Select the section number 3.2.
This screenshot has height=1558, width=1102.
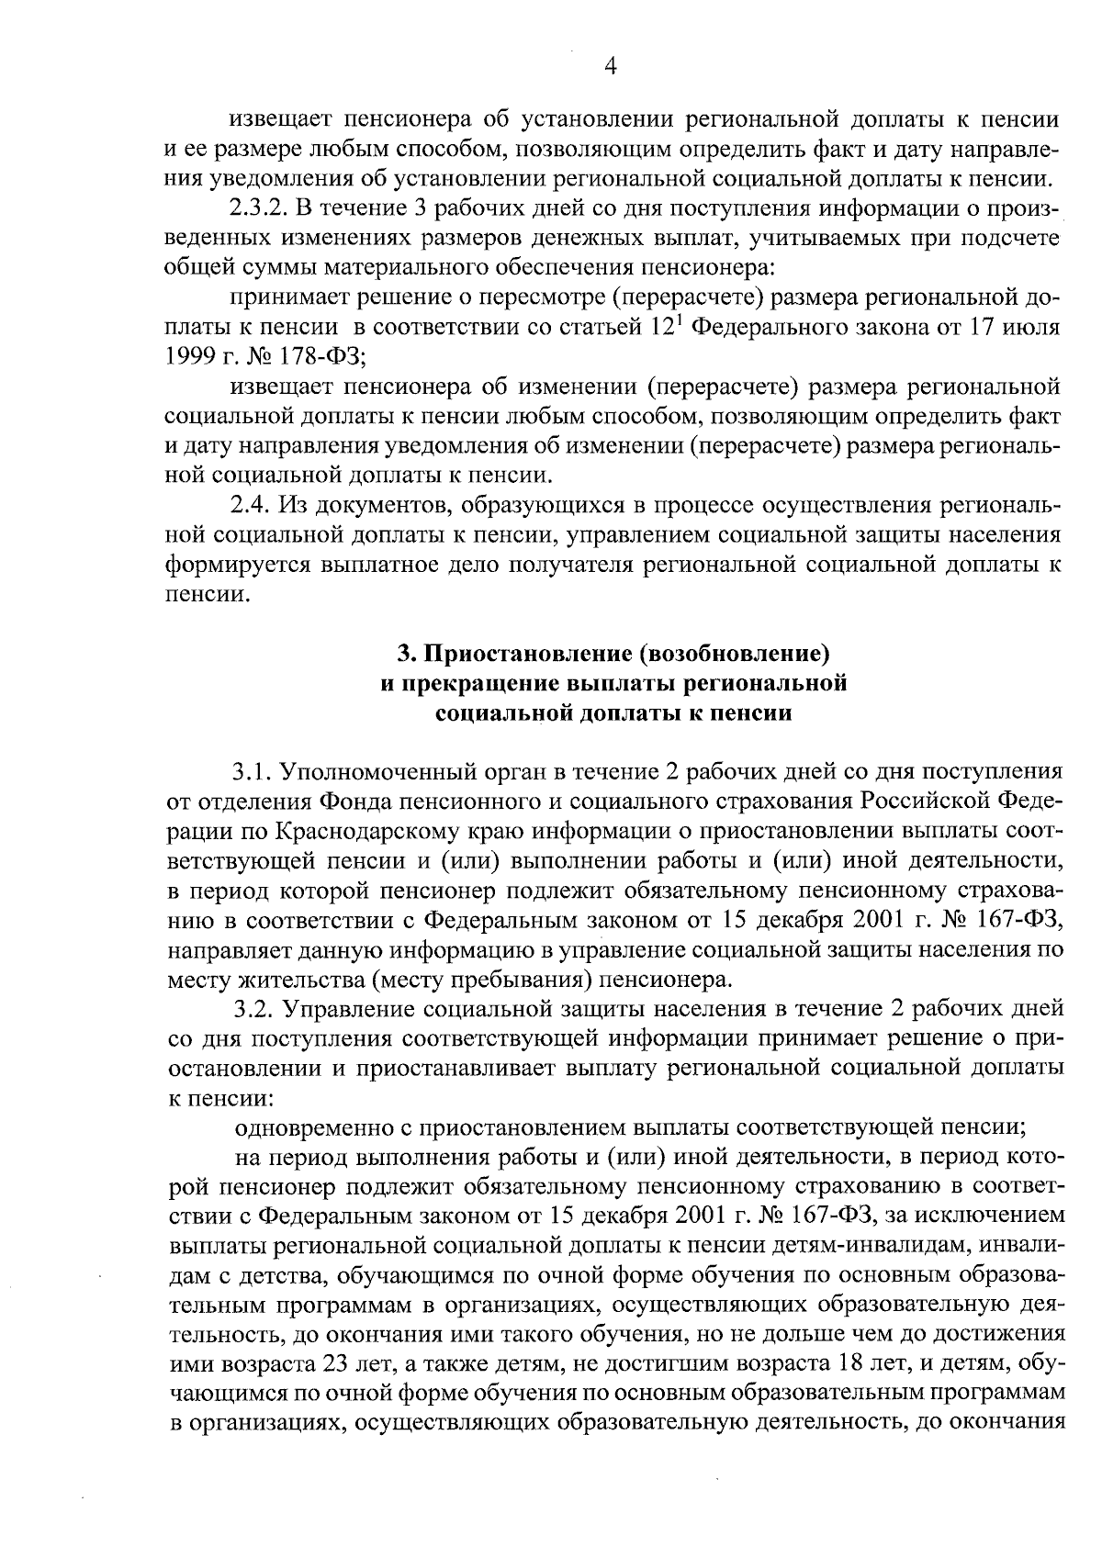pyautogui.click(x=253, y=1010)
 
